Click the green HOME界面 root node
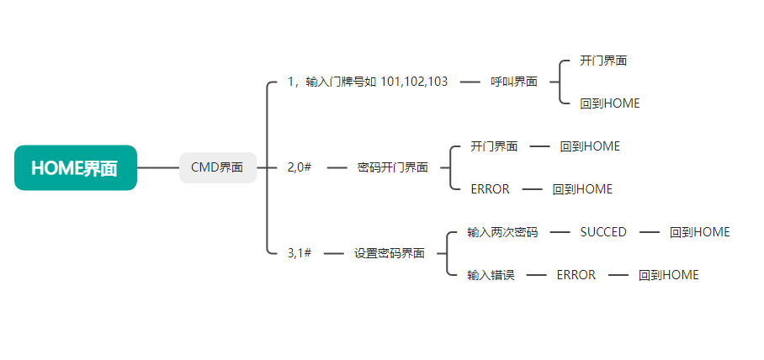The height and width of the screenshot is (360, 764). tap(76, 167)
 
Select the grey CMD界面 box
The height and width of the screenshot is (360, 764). tap(217, 167)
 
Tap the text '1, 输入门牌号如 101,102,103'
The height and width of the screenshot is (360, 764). tap(367, 82)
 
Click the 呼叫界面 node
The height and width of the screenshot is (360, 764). tap(514, 82)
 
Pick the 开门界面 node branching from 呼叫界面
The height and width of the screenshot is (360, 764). tap(603, 61)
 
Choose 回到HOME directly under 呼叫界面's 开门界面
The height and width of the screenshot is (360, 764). tap(610, 103)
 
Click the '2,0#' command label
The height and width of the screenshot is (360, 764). tap(300, 167)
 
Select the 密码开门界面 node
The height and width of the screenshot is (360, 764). tap(392, 167)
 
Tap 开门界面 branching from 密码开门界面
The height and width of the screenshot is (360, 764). tap(494, 146)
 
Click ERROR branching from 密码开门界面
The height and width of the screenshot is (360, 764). tap(490, 189)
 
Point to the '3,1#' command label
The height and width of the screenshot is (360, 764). tap(300, 252)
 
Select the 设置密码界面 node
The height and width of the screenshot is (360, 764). tap(389, 252)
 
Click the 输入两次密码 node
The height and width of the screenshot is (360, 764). tap(502, 232)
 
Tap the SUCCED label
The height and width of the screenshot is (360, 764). tap(603, 232)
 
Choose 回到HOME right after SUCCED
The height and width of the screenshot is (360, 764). tap(700, 232)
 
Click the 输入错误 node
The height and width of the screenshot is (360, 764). tap(491, 275)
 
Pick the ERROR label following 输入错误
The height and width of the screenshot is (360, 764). tap(576, 275)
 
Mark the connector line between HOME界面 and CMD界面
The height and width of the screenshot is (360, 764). tap(158, 167)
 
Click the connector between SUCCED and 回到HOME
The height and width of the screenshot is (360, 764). tap(650, 232)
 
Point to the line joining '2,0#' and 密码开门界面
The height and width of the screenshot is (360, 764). tap(337, 167)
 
